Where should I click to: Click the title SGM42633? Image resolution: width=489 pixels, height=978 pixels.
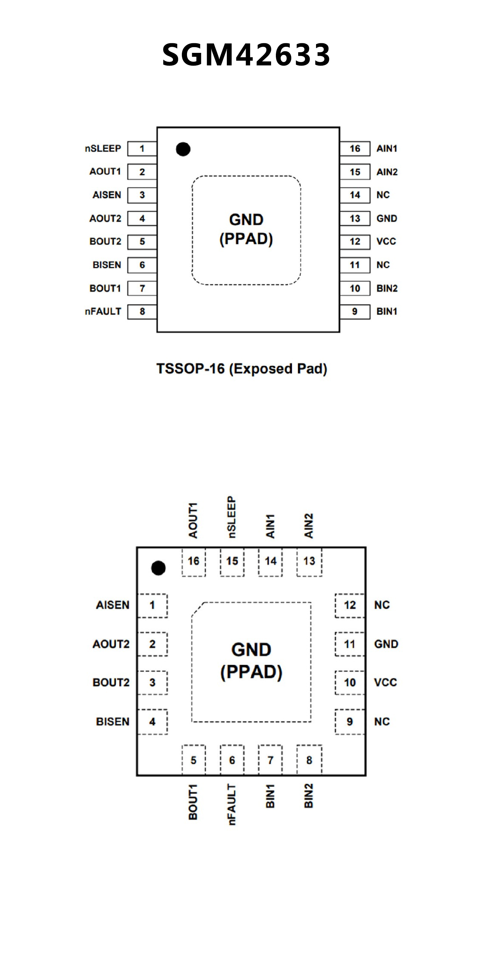click(246, 55)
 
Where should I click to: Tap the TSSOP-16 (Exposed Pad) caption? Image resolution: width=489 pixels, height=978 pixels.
click(242, 369)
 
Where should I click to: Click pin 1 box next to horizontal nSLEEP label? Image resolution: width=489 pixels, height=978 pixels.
click(142, 148)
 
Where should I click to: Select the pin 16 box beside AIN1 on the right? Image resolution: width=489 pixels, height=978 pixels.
click(355, 148)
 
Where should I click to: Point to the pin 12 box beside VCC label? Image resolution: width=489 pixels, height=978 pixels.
click(355, 241)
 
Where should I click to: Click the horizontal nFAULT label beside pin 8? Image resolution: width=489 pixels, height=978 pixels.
click(103, 312)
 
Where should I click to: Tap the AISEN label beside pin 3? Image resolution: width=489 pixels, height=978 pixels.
click(107, 195)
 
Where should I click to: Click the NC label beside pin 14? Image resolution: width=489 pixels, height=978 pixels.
click(383, 195)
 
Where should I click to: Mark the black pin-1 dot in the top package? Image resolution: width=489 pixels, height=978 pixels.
click(183, 149)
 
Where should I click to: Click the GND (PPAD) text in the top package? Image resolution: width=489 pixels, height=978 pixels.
click(246, 229)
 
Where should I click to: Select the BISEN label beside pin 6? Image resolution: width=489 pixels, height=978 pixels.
click(107, 265)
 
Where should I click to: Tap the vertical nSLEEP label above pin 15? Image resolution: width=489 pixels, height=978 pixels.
click(232, 517)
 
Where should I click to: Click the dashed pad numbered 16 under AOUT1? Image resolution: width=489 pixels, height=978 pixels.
click(193, 561)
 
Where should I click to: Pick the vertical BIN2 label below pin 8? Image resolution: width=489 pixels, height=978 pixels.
click(309, 796)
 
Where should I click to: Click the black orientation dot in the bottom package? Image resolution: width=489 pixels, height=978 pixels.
click(158, 568)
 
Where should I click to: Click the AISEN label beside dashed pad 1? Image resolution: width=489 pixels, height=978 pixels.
click(112, 605)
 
